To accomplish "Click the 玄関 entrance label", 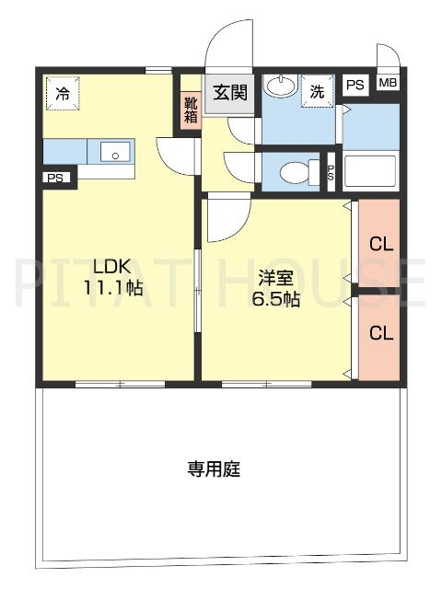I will (230, 92).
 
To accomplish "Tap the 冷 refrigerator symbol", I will (63, 93).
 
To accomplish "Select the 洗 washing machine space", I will (317, 91).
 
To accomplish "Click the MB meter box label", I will (388, 84).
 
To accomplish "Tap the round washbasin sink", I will (280, 88).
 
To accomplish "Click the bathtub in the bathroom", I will (370, 171).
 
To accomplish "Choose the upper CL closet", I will (380, 245).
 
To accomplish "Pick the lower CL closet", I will (380, 333).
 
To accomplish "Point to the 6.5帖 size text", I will (275, 298).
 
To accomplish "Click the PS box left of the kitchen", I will (56, 179).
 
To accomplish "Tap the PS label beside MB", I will (355, 85).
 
